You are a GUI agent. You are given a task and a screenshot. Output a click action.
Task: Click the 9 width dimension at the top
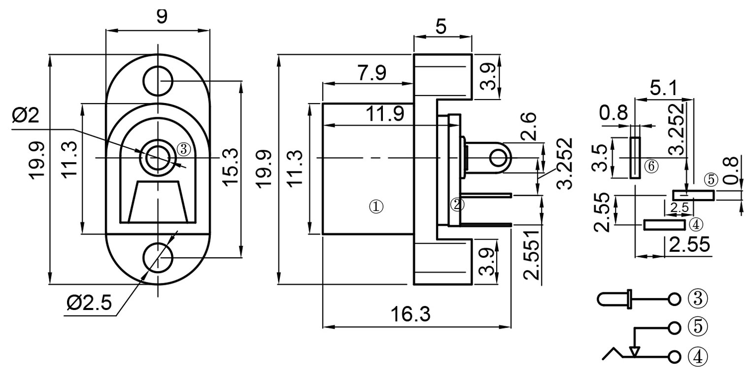tap(162, 16)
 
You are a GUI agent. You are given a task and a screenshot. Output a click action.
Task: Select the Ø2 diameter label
tap(26, 115)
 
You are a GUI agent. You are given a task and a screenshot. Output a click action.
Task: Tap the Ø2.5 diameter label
tap(89, 303)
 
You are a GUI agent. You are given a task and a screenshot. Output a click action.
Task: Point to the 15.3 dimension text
tap(231, 167)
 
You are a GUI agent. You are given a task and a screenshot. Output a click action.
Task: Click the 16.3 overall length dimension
tap(411, 314)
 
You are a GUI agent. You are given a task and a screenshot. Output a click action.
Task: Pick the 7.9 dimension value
tap(372, 73)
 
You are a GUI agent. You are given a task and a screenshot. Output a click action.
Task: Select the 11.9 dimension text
tap(385, 114)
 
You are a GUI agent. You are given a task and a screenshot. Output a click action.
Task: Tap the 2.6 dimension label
tap(528, 126)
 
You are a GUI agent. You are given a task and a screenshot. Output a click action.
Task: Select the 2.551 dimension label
tap(531, 255)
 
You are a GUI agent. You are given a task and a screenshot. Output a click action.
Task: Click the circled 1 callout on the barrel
tap(377, 207)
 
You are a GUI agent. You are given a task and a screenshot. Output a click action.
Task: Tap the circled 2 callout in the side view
tap(457, 205)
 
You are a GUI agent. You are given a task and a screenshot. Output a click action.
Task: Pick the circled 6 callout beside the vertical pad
tap(651, 166)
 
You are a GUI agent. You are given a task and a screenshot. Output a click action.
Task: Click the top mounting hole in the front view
tap(158, 81)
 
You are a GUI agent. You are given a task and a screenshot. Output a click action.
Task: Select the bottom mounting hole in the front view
tap(158, 258)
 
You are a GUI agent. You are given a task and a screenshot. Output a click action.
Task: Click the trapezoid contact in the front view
tap(158, 202)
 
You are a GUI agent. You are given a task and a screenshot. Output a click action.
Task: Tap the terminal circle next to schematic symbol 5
tap(674, 328)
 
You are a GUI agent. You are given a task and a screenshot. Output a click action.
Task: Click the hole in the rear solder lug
tap(498, 158)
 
